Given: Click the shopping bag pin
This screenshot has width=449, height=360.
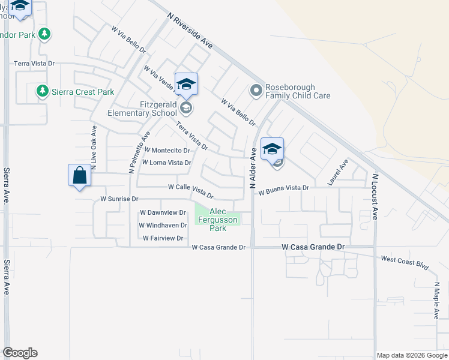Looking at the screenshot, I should pos(80,176).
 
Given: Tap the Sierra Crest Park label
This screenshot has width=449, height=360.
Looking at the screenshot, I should pos(82,92).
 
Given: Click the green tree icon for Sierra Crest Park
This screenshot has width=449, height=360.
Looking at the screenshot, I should pos(42,91).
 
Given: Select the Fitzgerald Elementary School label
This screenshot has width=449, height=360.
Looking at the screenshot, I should pos(142,108).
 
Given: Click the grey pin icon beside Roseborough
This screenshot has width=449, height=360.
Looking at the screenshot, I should pos(256,91).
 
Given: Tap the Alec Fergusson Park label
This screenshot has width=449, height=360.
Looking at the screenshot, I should pos(217,220).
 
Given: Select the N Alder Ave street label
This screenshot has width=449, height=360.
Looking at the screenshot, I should pos(253,168).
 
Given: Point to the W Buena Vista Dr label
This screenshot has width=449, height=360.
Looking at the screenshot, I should pos(283,188).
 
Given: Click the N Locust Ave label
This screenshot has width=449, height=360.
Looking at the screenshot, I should pos(375,197).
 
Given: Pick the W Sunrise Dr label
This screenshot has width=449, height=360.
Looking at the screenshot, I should pos(119,199).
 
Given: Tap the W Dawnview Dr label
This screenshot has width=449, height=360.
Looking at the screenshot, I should pos(163,212).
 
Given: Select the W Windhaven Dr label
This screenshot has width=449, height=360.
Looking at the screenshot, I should pos(162,226).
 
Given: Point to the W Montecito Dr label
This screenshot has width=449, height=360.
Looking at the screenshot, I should pos(167,150).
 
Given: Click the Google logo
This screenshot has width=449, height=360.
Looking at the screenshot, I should pos(20,353).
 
